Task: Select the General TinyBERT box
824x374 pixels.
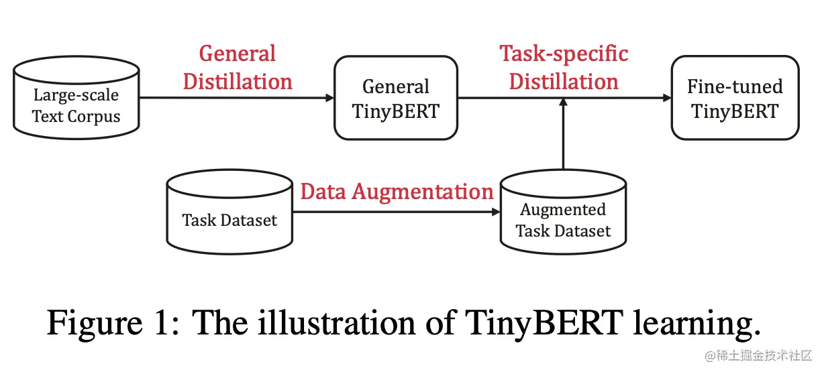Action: [x=396, y=98]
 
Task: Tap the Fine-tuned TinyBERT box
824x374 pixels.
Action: [x=735, y=98]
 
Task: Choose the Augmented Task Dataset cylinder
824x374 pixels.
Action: [x=563, y=213]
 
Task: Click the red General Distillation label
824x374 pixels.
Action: [x=238, y=68]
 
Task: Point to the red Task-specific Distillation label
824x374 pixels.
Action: [x=564, y=68]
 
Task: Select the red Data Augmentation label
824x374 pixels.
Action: [x=397, y=192]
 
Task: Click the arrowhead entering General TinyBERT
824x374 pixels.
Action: [x=329, y=98]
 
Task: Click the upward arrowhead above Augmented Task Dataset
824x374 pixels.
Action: [x=564, y=103]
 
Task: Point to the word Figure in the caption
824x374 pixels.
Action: [x=90, y=324]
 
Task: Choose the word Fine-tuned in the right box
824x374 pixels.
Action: [x=735, y=87]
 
